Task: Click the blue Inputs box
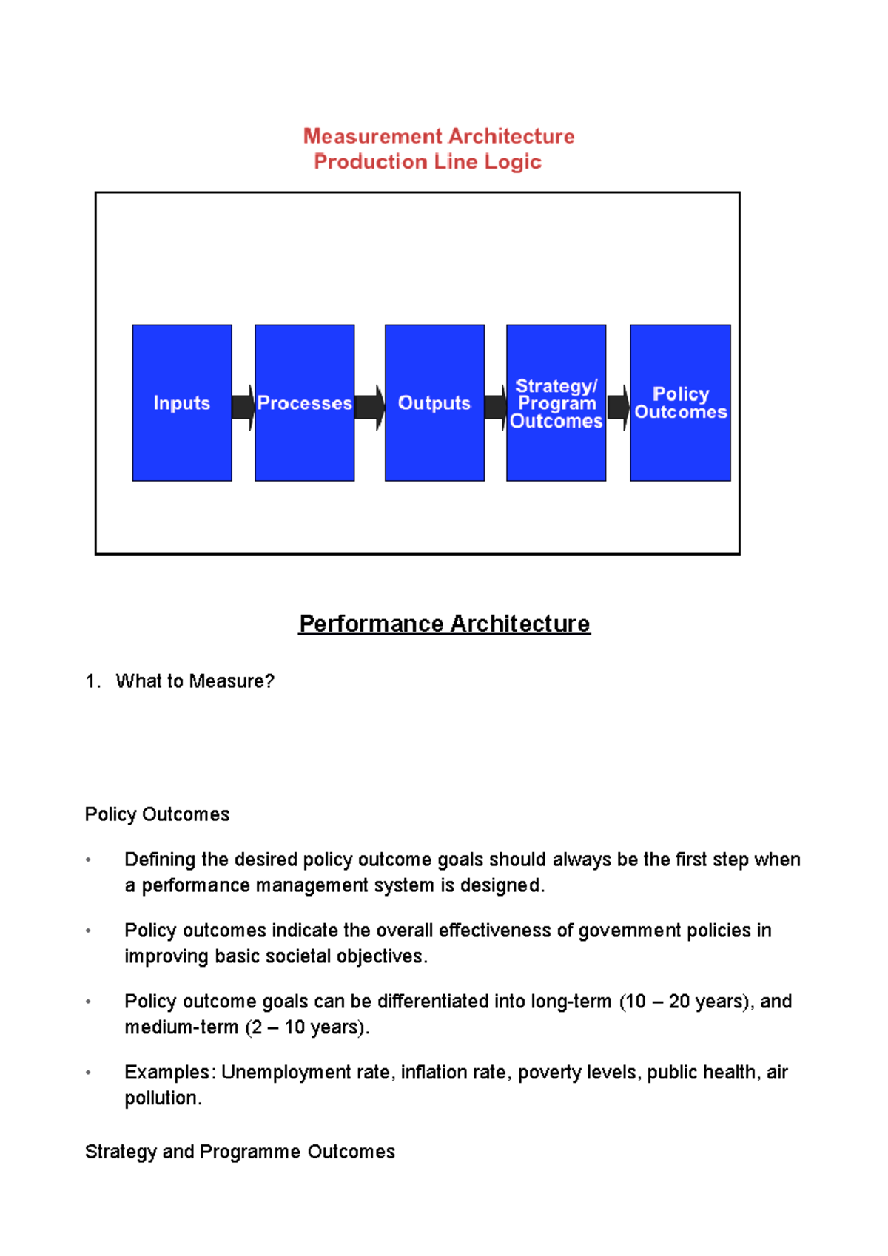coord(182,403)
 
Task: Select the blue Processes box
coord(304,403)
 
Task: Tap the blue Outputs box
coord(434,403)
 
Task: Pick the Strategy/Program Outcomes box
coord(556,403)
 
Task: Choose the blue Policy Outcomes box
coord(680,403)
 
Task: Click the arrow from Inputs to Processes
coord(243,407)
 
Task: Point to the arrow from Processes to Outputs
coord(369,407)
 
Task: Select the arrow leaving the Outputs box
coord(495,407)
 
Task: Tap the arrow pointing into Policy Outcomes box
coord(618,407)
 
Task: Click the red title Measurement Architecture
coord(439,136)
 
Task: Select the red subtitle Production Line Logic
coord(428,161)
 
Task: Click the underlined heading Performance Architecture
coord(444,624)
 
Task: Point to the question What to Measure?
coord(195,681)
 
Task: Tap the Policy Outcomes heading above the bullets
coord(157,814)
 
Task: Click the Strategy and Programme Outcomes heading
coord(240,1152)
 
